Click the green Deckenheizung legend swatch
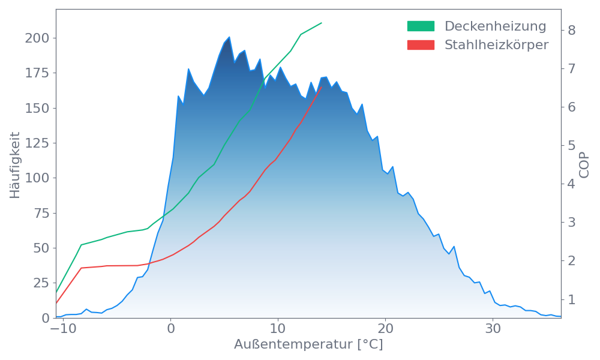point(421,26)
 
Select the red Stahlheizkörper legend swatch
point(421,45)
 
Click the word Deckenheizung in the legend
point(495,26)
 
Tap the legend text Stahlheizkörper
point(496,45)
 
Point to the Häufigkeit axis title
point(16,165)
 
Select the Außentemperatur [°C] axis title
point(308,345)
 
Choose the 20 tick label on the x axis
point(385,329)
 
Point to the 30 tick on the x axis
point(493,329)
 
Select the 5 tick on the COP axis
point(572,145)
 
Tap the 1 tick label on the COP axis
point(572,299)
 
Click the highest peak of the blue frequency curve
point(229,37)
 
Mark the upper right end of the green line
point(322,23)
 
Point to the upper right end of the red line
point(322,87)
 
